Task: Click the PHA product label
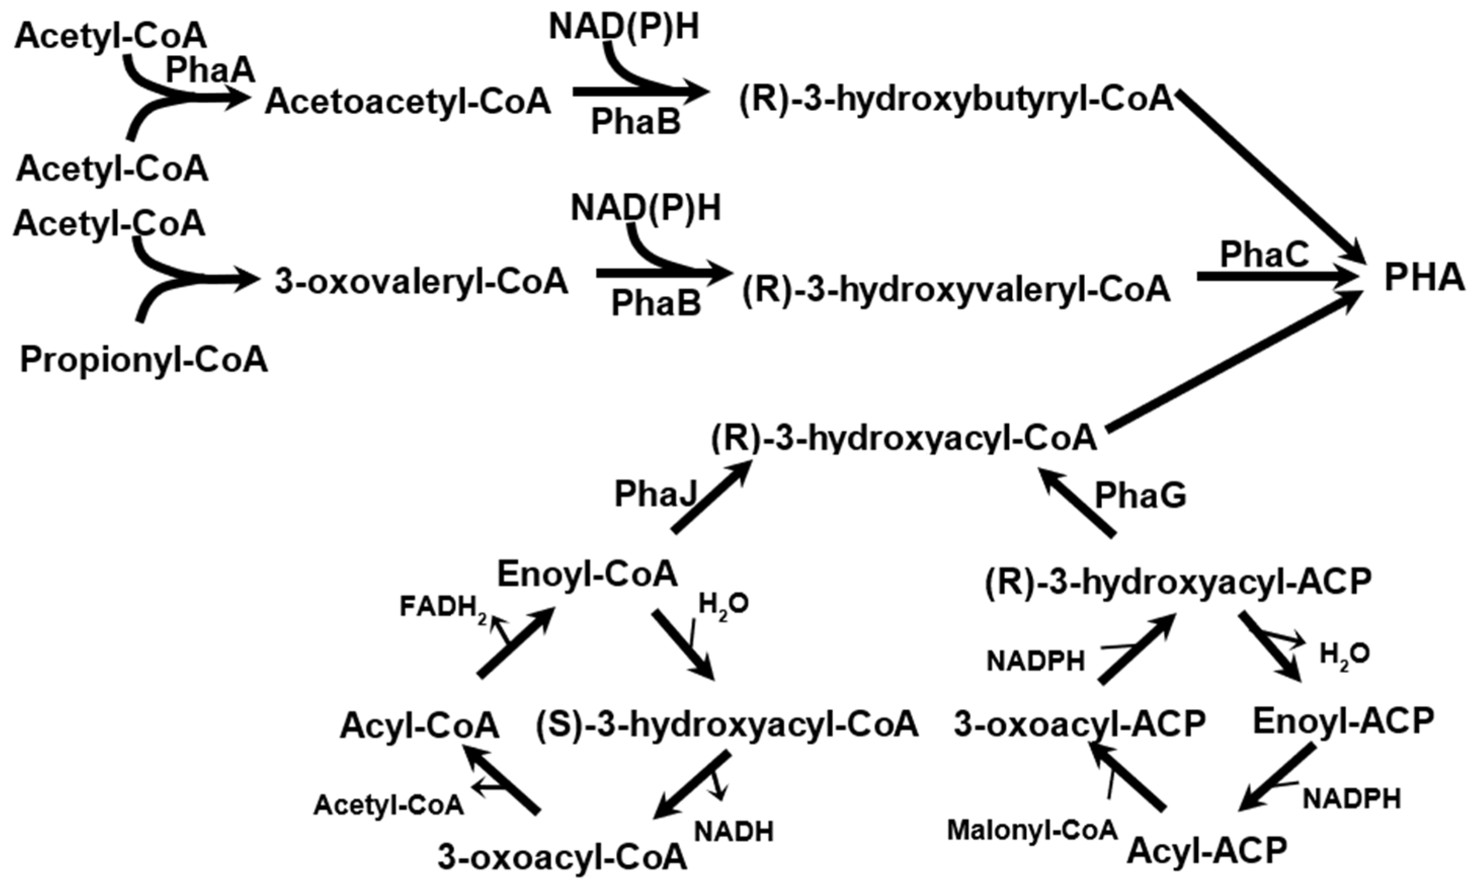pos(1424,278)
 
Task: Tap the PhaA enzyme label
pos(210,70)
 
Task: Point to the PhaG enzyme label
pos(1140,495)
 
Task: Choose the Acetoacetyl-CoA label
pos(408,102)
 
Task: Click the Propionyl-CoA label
pos(144,360)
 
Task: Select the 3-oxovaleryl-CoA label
pos(421,281)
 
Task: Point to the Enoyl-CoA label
pos(587,574)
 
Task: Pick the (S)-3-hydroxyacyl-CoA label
pos(726,725)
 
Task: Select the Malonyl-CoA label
pos(1032,830)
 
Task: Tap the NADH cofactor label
pos(733,831)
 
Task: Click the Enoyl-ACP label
pos(1343,721)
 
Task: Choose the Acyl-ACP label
pos(1207,850)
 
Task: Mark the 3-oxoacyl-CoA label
pos(562,857)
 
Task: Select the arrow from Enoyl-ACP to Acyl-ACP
pos(1276,777)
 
